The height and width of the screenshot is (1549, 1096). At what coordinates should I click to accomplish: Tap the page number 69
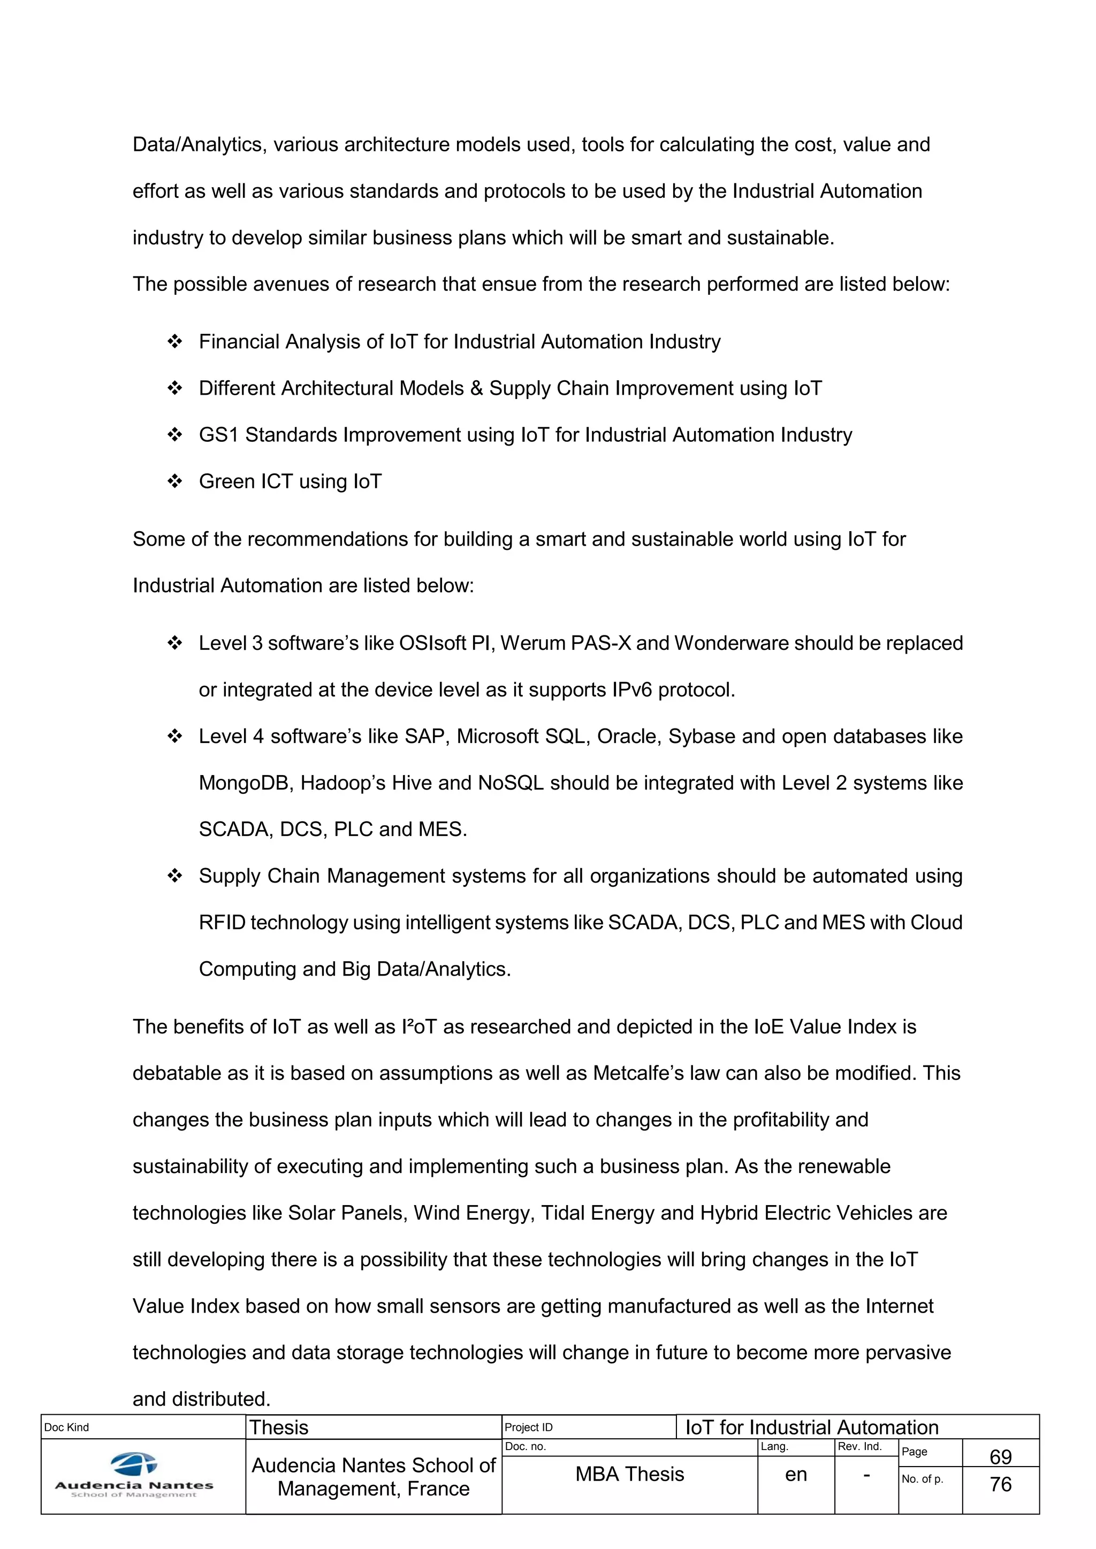pos(1000,1456)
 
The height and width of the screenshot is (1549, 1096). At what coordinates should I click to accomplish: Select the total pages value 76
pos(1000,1484)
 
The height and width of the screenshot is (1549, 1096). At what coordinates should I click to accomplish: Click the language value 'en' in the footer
pos(796,1475)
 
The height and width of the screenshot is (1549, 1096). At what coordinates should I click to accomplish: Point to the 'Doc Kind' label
pos(66,1428)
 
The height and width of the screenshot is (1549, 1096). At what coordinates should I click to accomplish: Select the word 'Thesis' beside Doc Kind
pos(279,1428)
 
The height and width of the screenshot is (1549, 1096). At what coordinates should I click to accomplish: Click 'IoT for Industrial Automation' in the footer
pos(812,1428)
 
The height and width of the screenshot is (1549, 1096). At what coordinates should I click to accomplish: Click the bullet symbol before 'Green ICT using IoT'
pos(175,481)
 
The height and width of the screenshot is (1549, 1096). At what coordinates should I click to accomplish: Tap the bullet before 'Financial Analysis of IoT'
pos(175,341)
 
